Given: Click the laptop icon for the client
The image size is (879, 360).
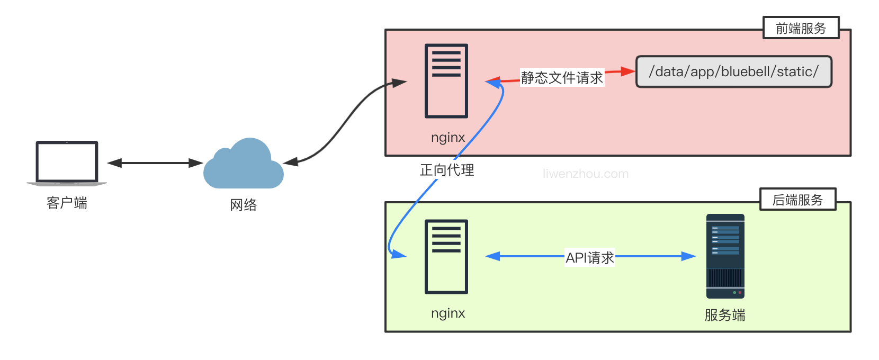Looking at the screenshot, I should point(67,163).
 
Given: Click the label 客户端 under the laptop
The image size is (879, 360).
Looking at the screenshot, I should point(67,203).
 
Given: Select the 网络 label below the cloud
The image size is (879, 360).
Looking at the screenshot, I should point(243,205).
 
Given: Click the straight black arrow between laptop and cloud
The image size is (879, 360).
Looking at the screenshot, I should point(155,163).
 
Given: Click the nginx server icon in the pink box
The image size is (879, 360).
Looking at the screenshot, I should point(446,81).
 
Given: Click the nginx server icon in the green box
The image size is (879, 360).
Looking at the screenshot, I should point(446,256).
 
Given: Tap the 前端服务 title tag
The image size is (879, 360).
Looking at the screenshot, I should point(801,28).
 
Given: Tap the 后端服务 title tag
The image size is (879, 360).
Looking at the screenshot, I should point(797,200).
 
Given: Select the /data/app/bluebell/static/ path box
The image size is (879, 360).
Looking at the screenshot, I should point(733,72).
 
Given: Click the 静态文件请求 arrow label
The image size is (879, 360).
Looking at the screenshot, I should point(561,78).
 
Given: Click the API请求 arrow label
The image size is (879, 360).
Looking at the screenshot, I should point(589,257).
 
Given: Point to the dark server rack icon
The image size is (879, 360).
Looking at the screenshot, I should point(725,256).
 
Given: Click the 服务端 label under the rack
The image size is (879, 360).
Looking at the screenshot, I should point(724,315).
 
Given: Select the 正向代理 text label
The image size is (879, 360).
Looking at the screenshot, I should point(446,170).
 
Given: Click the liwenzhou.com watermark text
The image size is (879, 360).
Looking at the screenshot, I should point(585,174).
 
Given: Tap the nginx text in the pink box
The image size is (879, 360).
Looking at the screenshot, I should point(447,138).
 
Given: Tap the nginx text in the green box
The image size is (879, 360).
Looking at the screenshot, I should point(447,313).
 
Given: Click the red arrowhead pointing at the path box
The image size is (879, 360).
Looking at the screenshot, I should point(628,71).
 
